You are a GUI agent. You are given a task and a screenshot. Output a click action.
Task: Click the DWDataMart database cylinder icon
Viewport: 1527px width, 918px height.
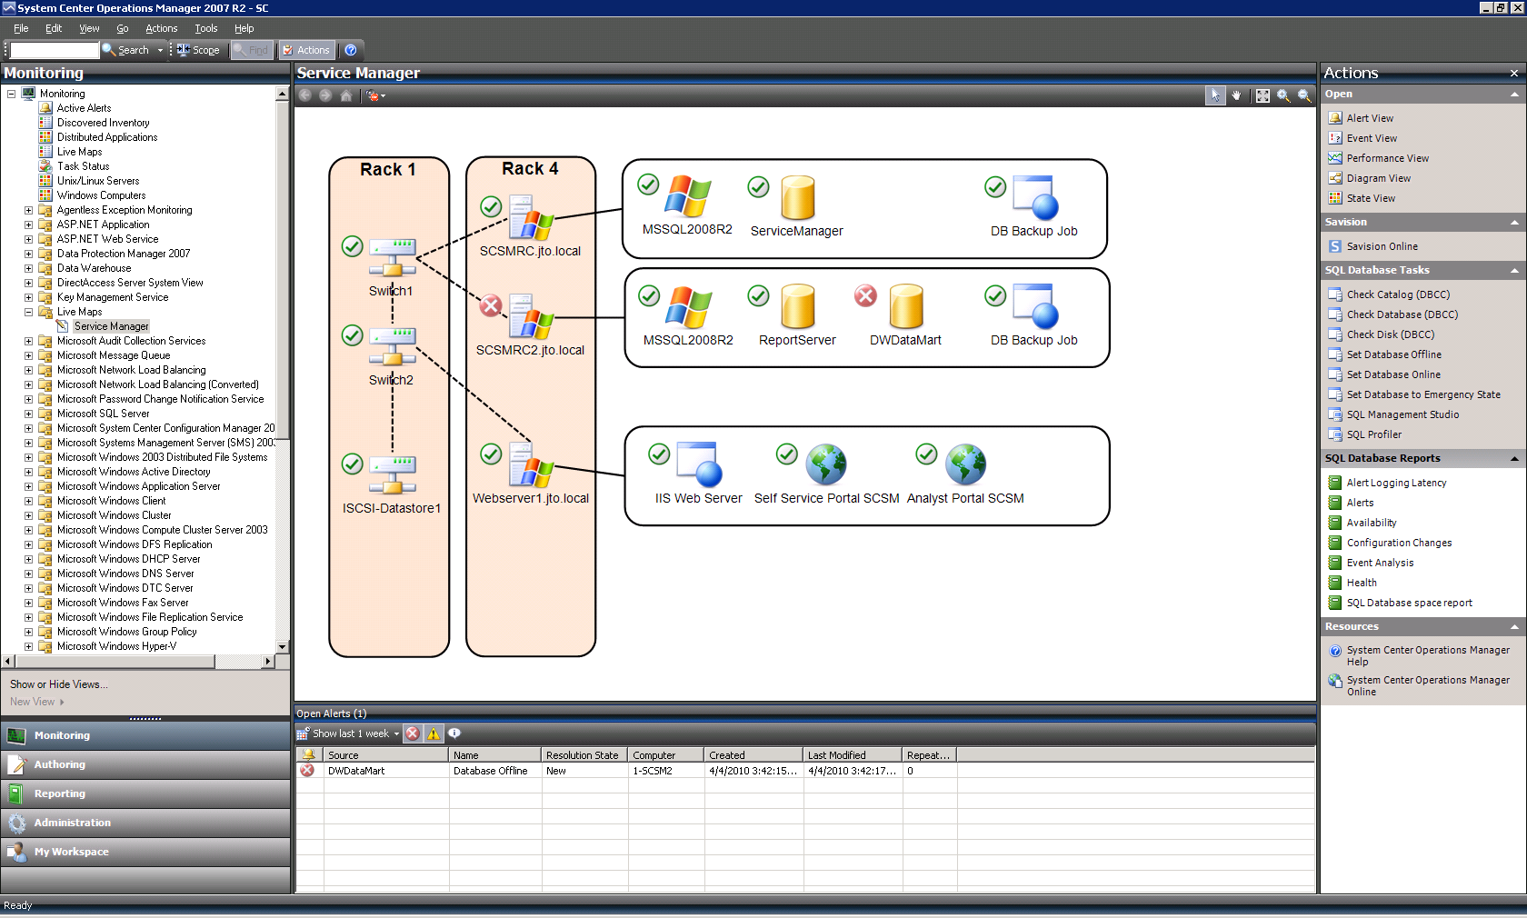coord(907,306)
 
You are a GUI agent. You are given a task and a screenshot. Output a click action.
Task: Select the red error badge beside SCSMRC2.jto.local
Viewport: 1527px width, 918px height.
coord(490,305)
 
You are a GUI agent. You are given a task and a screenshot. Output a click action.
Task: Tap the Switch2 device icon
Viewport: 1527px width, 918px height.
coord(393,346)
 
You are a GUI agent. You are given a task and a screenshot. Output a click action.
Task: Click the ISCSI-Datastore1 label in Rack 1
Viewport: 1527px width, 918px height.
coord(391,508)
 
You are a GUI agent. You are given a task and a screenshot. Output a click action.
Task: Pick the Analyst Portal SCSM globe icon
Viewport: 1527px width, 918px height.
coord(965,464)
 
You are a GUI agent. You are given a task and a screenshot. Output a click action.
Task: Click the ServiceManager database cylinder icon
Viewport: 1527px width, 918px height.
coord(798,197)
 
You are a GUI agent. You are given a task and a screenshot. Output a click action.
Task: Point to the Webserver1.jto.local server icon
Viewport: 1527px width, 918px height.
coord(531,464)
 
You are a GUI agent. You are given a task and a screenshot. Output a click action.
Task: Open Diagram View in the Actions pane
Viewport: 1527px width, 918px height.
coord(1378,178)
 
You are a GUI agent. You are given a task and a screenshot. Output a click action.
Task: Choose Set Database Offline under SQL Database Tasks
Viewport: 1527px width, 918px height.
coord(1394,354)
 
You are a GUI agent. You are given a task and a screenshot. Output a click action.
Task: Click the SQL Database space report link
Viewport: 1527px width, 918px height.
coord(1409,603)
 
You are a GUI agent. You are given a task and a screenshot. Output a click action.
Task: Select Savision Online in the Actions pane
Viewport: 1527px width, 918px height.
coord(1382,246)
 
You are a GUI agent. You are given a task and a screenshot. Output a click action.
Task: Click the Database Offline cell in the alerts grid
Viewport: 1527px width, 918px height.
coord(491,771)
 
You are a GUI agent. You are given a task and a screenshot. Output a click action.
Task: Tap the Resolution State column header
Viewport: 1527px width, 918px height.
coord(582,755)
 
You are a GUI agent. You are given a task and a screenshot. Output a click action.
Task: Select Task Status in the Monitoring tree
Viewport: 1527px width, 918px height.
coord(84,166)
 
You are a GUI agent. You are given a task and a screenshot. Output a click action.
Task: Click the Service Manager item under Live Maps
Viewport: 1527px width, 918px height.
coord(111,326)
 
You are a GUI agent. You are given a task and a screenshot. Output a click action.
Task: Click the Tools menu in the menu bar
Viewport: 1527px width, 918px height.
coord(205,28)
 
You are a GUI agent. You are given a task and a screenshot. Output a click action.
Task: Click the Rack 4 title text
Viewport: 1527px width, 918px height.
coord(531,168)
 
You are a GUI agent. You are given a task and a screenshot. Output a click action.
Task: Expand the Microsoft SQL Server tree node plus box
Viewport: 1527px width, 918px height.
coord(29,414)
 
